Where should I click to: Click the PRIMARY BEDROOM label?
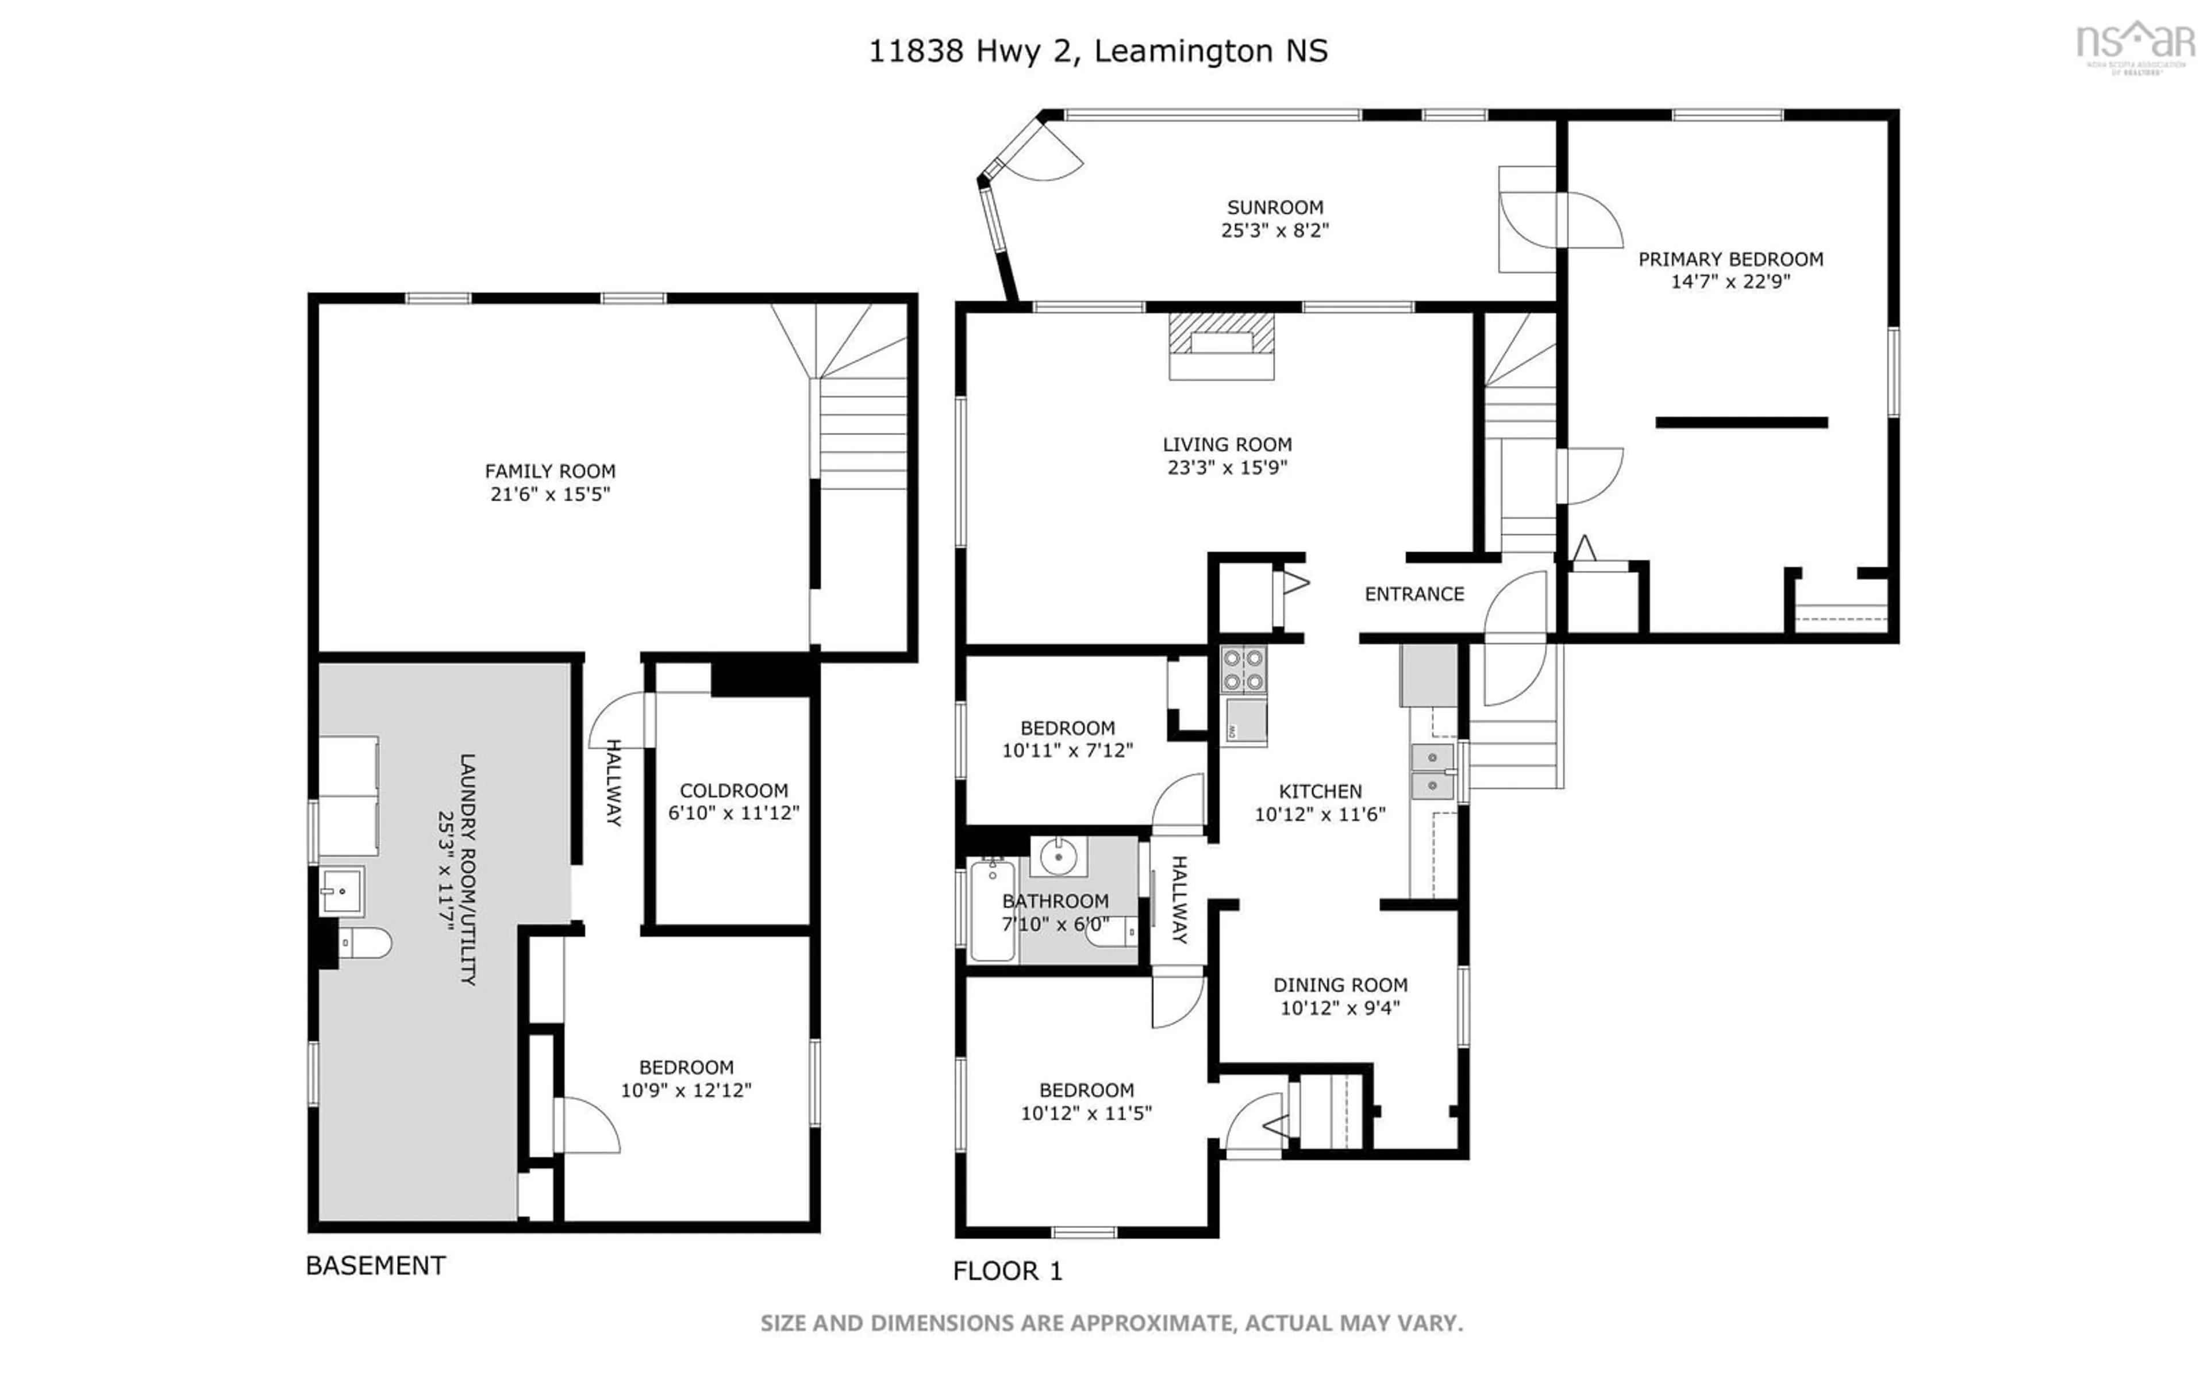coord(1730,259)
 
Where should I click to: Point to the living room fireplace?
coord(1221,345)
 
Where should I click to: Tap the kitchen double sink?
coord(1432,771)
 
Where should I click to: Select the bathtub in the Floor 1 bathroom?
coord(991,910)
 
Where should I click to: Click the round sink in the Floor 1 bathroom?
coord(1058,856)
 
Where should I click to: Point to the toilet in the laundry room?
coord(367,942)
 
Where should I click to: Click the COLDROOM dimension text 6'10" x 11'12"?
coord(733,812)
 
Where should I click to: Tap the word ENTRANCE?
coord(1414,594)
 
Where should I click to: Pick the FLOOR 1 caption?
coord(1008,1270)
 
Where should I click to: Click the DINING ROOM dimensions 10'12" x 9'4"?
coord(1340,1008)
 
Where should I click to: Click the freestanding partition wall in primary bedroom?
coord(1741,422)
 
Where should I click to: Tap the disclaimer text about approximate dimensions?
coord(1111,1323)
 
